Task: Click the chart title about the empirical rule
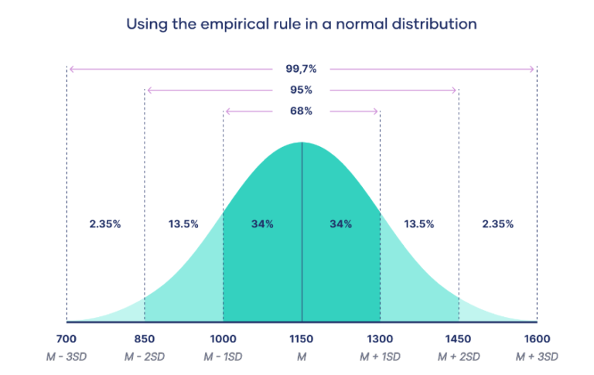(301, 24)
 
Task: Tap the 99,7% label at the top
(301, 70)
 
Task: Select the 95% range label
(301, 90)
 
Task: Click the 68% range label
(301, 111)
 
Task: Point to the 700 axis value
(67, 339)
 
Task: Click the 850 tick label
(145, 339)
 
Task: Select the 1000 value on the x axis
(223, 339)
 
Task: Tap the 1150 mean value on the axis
(301, 339)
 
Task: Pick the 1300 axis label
(380, 339)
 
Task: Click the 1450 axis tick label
(458, 339)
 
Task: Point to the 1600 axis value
(536, 339)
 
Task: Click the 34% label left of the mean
(262, 224)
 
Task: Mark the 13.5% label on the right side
(418, 224)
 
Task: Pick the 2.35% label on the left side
(105, 224)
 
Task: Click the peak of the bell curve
(301, 143)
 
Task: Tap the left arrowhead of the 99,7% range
(70, 70)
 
